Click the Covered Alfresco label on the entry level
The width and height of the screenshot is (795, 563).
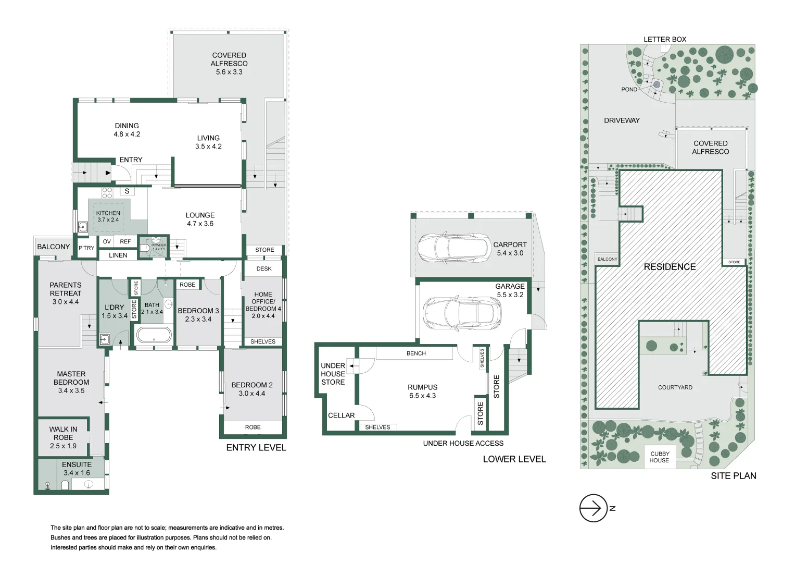pyautogui.click(x=229, y=59)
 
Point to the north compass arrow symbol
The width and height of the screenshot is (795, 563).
pyautogui.click(x=594, y=508)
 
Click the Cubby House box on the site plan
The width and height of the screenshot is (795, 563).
pyautogui.click(x=660, y=457)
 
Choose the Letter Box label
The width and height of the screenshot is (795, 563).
pyautogui.click(x=665, y=39)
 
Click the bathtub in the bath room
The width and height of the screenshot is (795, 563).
pyautogui.click(x=154, y=335)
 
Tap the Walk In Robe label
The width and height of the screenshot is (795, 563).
pyautogui.click(x=63, y=433)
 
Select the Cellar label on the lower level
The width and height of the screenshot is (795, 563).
pyautogui.click(x=341, y=415)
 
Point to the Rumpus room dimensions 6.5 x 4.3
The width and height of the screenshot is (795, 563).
pyautogui.click(x=422, y=396)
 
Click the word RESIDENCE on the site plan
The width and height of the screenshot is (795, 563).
pyautogui.click(x=670, y=267)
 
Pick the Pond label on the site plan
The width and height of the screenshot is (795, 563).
pyautogui.click(x=629, y=90)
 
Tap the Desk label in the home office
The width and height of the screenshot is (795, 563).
pyautogui.click(x=264, y=269)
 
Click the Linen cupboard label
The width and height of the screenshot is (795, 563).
pyautogui.click(x=118, y=255)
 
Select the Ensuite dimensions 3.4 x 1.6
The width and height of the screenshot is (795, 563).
pyautogui.click(x=77, y=473)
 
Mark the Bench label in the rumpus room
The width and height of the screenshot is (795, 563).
pyautogui.click(x=416, y=353)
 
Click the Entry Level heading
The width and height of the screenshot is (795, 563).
pyautogui.click(x=256, y=447)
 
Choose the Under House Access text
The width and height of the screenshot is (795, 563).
pyautogui.click(x=463, y=444)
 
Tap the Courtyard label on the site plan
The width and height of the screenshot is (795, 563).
pyautogui.click(x=675, y=387)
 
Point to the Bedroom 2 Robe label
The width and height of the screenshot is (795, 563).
pyautogui.click(x=253, y=427)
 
